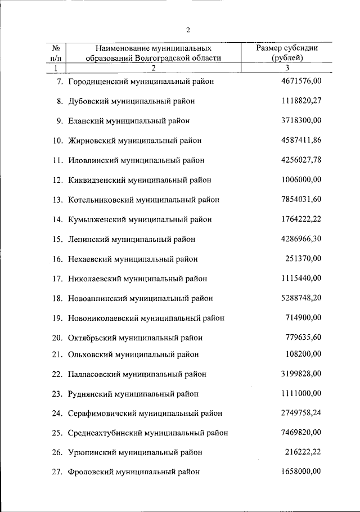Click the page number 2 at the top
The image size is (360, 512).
188,30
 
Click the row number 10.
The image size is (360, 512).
56,140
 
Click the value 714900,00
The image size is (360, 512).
304,317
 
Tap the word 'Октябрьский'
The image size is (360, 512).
90,338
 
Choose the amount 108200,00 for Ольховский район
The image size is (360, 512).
304,354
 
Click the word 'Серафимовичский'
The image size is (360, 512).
100,413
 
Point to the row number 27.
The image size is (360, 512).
57,471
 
